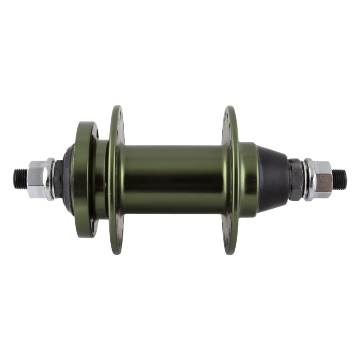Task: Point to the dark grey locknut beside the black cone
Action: coord(296,179)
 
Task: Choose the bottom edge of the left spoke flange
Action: coord(117,250)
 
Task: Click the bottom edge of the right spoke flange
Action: coord(231,250)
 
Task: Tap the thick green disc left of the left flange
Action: coord(83,179)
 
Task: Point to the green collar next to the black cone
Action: coord(248,179)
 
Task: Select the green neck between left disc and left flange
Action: coord(101,179)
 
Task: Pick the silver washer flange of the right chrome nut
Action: coord(308,179)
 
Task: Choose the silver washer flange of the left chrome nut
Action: coord(50,179)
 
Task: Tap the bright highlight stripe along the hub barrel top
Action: coord(173,153)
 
